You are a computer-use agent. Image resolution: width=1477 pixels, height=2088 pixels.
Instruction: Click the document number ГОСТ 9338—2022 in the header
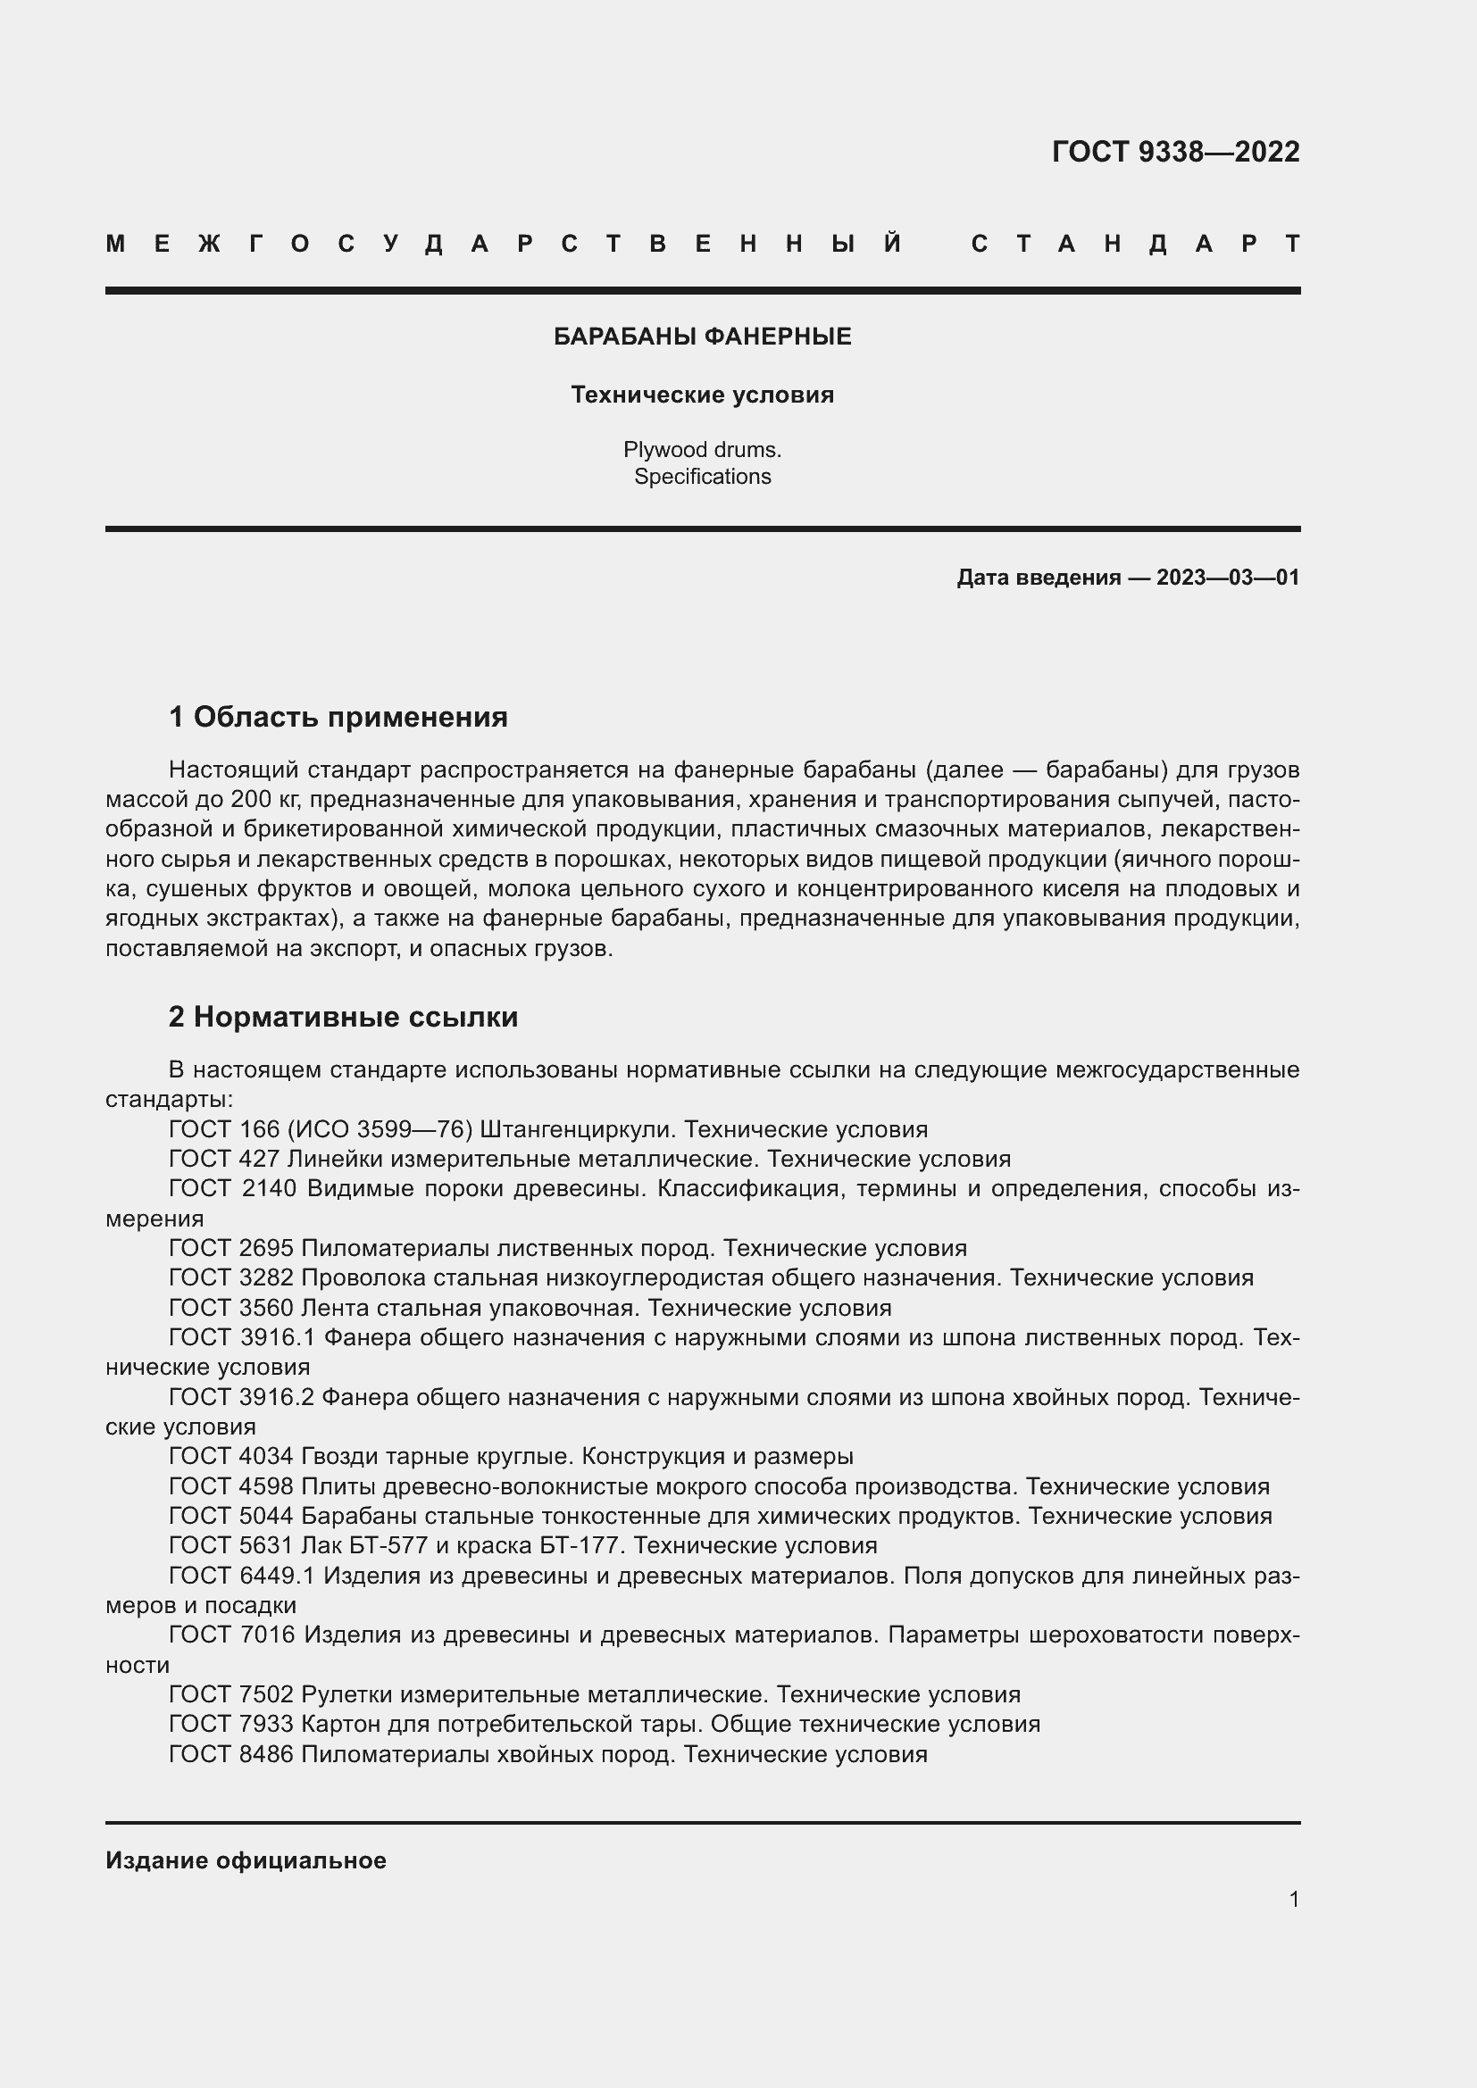[1175, 152]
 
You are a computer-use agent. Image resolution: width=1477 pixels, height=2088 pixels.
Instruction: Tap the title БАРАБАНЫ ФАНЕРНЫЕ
[702, 337]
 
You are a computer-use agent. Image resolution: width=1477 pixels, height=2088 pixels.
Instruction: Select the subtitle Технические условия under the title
[702, 395]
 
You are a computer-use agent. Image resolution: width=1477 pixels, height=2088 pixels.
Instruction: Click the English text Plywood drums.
[702, 449]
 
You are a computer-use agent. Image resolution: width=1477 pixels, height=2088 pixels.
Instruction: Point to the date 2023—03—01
[1228, 578]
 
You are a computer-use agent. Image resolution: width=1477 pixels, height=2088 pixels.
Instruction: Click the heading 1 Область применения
[338, 718]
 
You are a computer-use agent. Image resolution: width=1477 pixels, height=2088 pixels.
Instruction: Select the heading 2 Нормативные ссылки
[343, 1017]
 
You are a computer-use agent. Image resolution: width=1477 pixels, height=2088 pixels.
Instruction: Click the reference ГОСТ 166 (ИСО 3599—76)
[321, 1130]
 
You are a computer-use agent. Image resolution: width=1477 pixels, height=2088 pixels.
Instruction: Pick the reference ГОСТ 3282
[231, 1278]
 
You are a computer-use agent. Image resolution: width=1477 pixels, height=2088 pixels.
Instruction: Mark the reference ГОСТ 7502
[231, 1695]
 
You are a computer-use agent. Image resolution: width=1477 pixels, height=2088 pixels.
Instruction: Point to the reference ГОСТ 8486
[231, 1754]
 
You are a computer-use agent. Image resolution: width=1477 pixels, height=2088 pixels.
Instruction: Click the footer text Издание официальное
[246, 1860]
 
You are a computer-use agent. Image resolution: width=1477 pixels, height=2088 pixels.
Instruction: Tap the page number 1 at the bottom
[1293, 1899]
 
